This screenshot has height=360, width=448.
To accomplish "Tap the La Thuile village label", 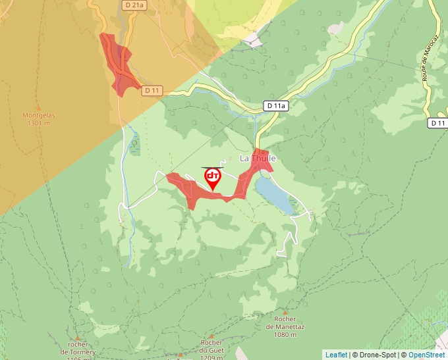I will pyautogui.click(x=257, y=159).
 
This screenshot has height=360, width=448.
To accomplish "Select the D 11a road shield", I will pyautogui.click(x=277, y=105).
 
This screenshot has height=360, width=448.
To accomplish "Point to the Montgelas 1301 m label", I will pyautogui.click(x=39, y=118).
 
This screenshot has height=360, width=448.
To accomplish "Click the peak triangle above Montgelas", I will pyautogui.click(x=38, y=107).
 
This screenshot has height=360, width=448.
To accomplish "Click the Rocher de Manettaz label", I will pyautogui.click(x=285, y=327).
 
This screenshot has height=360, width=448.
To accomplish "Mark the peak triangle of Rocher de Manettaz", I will pyautogui.click(x=285, y=313).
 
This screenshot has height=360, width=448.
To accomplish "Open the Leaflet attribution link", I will pyautogui.click(x=336, y=355).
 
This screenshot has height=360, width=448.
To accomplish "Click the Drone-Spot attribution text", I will pyautogui.click(x=374, y=355).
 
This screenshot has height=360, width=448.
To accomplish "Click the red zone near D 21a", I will pyautogui.click(x=117, y=63).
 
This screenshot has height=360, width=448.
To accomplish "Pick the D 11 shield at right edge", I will pyautogui.click(x=438, y=123).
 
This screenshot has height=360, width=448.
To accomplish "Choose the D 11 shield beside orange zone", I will pyautogui.click(x=152, y=90).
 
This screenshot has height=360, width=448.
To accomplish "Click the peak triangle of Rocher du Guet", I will pyautogui.click(x=211, y=336).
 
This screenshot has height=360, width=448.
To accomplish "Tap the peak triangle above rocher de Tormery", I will pyautogui.click(x=78, y=338).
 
